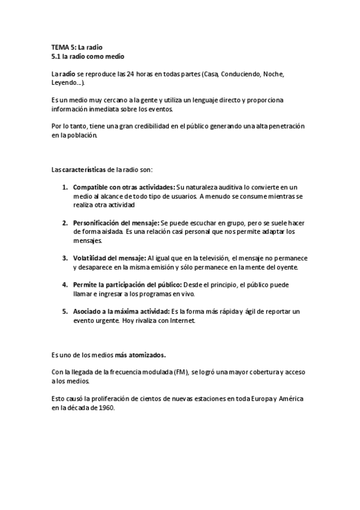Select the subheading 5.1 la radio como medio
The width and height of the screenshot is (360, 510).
[x=88, y=56]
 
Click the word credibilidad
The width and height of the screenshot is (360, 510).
[x=150, y=127]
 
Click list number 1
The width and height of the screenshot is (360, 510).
[x=65, y=188]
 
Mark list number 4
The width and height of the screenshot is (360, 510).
[x=65, y=284]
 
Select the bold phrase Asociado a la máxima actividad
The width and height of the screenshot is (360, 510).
[x=121, y=311]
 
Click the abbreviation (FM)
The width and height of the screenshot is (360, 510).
[x=178, y=372]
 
